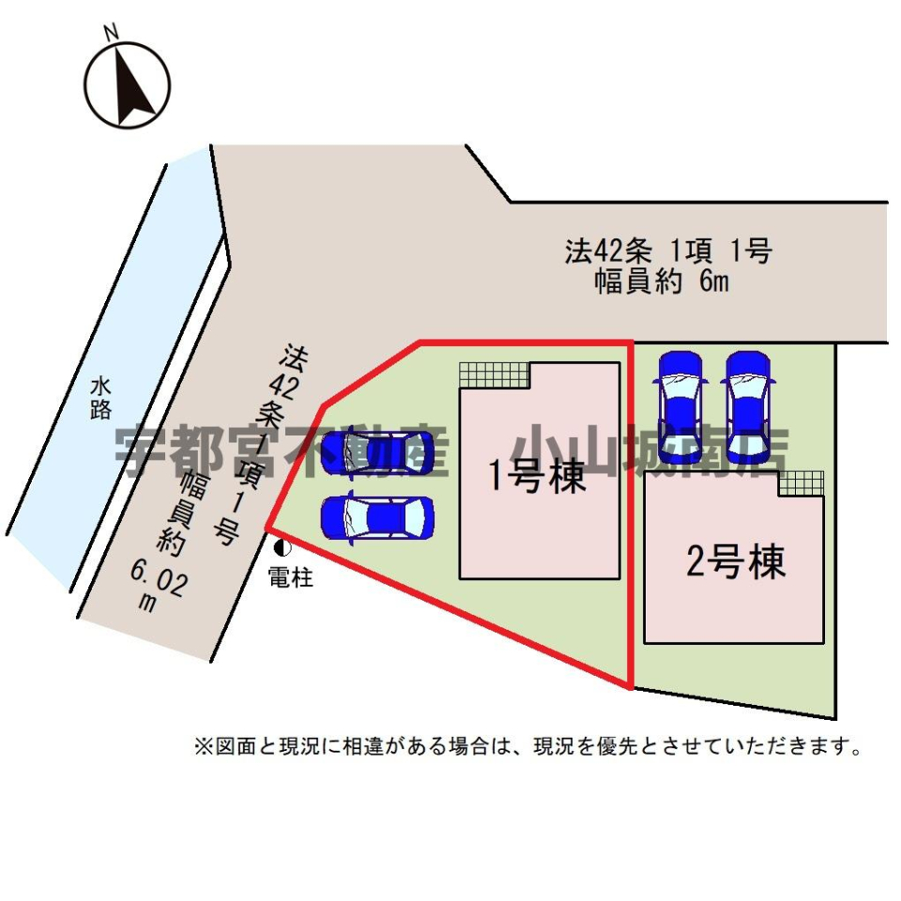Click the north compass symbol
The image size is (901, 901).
pyautogui.click(x=128, y=84)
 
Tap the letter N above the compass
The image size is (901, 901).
pyautogui.click(x=112, y=32)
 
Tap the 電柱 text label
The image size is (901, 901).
pyautogui.click(x=290, y=577)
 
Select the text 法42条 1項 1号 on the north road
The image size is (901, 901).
pyautogui.click(x=667, y=251)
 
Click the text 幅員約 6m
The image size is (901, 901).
pyautogui.click(x=662, y=282)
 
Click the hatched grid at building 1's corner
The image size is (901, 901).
pyautogui.click(x=494, y=374)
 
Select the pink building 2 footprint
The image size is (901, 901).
pyautogui.click(x=733, y=601)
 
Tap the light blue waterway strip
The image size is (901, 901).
pyautogui.click(x=113, y=375)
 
